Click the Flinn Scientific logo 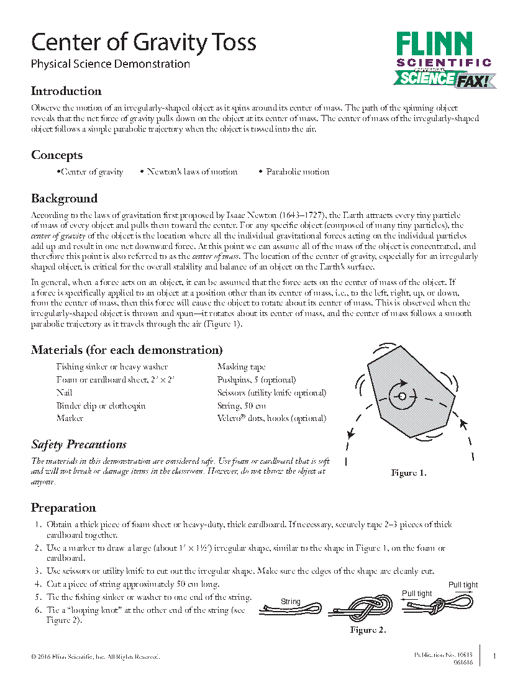click(x=444, y=60)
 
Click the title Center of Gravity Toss click(x=143, y=43)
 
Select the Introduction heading click(x=66, y=91)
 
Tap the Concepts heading click(x=57, y=155)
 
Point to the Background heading click(x=65, y=199)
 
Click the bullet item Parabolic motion click(x=298, y=172)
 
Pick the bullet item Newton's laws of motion click(x=191, y=172)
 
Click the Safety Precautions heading click(x=79, y=445)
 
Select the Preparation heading click(x=63, y=508)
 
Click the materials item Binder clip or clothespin click(x=101, y=405)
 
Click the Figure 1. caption click(x=408, y=473)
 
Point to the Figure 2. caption click(x=368, y=630)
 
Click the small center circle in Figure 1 click(x=402, y=396)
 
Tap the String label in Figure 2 click(x=291, y=602)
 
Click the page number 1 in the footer click(x=494, y=656)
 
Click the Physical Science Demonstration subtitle click(x=111, y=63)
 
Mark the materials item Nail click(x=65, y=392)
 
